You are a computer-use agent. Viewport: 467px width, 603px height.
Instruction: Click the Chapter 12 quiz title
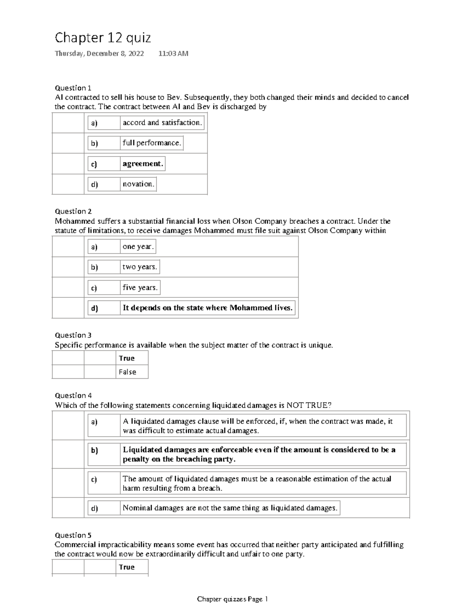(x=103, y=38)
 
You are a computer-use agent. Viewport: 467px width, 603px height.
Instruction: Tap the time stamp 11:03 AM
(x=173, y=54)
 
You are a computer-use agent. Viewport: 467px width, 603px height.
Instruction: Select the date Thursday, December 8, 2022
(x=99, y=54)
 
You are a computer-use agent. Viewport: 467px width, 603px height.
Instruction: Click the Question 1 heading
(x=73, y=88)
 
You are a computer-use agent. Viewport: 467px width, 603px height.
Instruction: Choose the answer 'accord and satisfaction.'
(x=162, y=123)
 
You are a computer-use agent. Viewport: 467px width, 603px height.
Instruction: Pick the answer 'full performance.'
(x=152, y=143)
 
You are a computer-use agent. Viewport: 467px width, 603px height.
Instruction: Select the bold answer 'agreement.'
(x=142, y=163)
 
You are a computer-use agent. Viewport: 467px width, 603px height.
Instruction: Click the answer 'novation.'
(x=139, y=184)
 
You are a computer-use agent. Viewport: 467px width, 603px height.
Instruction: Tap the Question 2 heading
(x=73, y=211)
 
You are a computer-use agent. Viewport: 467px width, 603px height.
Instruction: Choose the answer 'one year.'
(x=138, y=246)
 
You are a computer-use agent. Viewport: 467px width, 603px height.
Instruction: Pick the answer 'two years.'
(x=140, y=267)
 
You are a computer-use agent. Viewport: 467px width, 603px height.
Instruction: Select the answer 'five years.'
(x=140, y=288)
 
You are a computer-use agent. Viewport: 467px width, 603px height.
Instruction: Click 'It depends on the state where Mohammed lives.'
(x=207, y=308)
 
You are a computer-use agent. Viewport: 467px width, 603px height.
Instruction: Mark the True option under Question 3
(x=127, y=358)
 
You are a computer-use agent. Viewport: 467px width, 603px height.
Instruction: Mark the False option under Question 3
(x=128, y=372)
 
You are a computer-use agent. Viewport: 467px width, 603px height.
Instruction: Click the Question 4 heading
(x=73, y=395)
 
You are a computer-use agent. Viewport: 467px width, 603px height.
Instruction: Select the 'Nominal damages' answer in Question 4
(x=230, y=508)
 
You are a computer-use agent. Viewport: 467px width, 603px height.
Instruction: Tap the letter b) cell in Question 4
(x=95, y=450)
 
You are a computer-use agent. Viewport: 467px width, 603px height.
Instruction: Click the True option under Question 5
(x=127, y=567)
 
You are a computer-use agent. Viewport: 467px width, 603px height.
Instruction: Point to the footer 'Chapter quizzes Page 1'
(x=232, y=599)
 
